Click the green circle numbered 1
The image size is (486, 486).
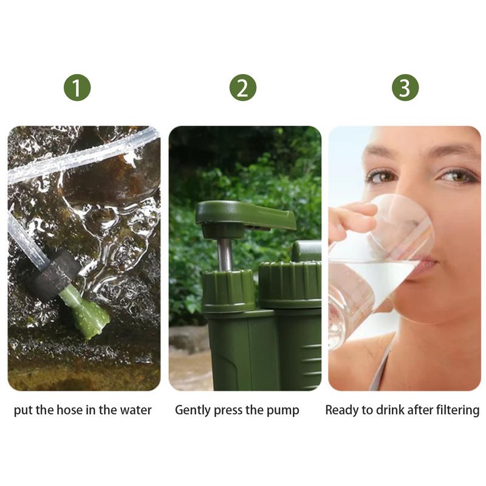click(77, 87)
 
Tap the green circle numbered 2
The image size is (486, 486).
click(242, 87)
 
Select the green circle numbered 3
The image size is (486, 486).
click(405, 87)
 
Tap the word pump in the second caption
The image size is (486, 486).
click(283, 410)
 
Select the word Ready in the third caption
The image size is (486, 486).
click(341, 410)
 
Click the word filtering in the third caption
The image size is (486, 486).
click(454, 410)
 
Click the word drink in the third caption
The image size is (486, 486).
click(389, 410)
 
